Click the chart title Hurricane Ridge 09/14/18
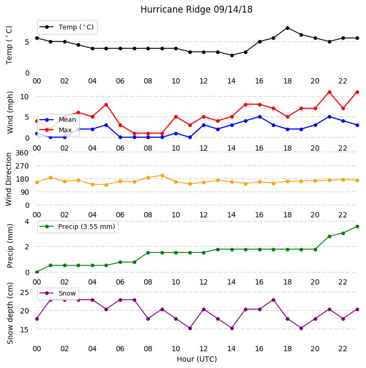tap(196, 9)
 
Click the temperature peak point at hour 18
tap(287, 28)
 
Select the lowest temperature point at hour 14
tap(232, 56)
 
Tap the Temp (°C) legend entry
tap(67, 27)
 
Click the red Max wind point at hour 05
tap(106, 104)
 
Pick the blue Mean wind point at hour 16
tap(260, 117)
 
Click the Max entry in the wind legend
tap(56, 130)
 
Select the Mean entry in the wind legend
tap(58, 120)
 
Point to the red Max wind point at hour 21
tap(329, 92)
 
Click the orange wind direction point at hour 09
tap(162, 175)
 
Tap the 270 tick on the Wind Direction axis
tap(22, 166)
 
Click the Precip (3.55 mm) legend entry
tap(78, 226)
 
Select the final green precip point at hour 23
tap(357, 226)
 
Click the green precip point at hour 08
tap(148, 253)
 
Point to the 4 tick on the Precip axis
tap(27, 222)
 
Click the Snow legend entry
tap(58, 293)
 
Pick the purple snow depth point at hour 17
tap(273, 300)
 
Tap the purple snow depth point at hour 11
tap(190, 328)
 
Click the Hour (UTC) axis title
tap(197, 359)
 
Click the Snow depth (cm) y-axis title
tap(9, 313)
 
